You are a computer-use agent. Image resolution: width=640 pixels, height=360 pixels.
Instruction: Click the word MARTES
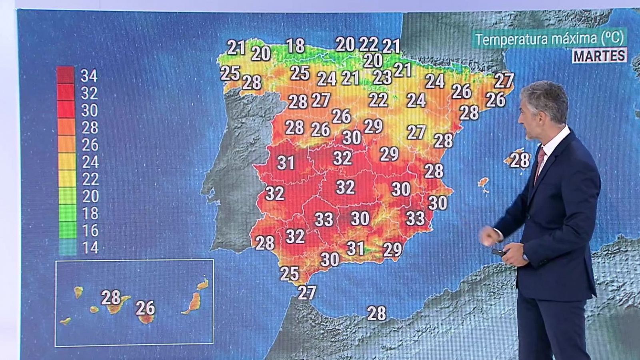click(600, 56)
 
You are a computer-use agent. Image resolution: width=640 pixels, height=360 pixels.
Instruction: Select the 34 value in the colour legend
click(89, 76)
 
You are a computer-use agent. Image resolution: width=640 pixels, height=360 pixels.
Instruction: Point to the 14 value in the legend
click(90, 248)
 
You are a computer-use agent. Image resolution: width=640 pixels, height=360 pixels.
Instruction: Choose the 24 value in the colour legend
click(90, 162)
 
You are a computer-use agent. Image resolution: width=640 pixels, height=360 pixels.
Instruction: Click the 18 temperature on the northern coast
click(296, 46)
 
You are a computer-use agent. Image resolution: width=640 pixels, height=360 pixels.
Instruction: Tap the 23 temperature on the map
click(382, 77)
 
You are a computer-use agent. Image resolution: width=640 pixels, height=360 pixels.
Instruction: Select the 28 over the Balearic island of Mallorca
click(520, 160)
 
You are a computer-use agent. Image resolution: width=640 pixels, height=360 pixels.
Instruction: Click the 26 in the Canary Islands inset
click(145, 308)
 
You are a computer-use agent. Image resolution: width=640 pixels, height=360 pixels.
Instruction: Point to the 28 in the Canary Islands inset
click(111, 298)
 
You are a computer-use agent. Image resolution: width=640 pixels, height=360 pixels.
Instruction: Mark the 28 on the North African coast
click(376, 313)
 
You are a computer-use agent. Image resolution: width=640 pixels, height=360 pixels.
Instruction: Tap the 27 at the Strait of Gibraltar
click(307, 292)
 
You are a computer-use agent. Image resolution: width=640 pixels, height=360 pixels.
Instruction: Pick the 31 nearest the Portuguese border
click(286, 162)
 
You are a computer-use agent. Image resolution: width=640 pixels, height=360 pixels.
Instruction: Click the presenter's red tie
click(540, 160)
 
